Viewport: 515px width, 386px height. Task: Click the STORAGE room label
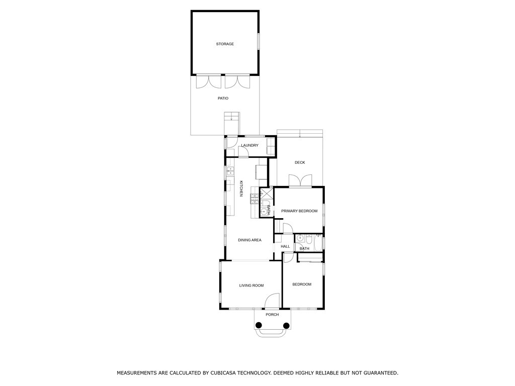225,44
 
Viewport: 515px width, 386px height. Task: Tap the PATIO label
223,99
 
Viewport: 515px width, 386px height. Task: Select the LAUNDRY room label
249,145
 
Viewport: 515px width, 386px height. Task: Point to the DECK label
300,162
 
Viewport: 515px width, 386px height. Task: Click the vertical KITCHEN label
241,189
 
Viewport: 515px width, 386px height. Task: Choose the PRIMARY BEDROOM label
299,211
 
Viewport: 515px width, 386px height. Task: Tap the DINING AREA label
249,240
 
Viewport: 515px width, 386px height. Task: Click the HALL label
286,246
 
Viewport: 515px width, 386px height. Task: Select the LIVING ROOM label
251,285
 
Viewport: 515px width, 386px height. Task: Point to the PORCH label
272,315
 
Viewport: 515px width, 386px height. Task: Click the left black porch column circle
259,326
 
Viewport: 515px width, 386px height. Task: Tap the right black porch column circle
286,326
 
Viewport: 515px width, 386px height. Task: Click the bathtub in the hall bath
318,243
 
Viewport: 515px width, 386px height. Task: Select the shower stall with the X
267,194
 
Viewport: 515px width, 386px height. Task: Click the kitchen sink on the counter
230,171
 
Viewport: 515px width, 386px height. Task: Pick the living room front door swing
272,301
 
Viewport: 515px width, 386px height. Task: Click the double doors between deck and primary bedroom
300,181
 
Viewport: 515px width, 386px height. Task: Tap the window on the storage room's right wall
259,41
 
